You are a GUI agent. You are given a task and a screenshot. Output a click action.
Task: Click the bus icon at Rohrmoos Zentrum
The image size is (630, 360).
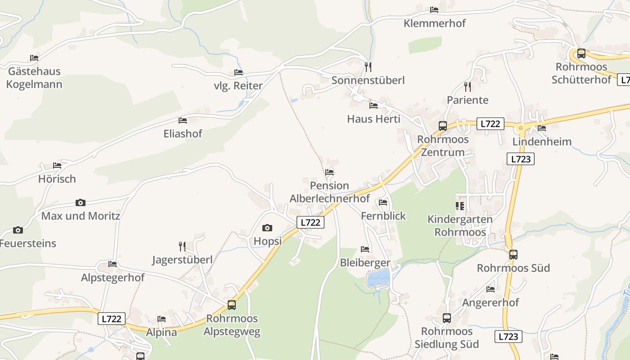[x=443, y=126]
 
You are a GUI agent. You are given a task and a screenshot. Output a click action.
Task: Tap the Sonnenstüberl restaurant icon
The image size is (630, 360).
[x=368, y=67]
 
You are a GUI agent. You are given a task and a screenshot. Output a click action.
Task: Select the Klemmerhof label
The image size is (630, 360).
[x=434, y=23]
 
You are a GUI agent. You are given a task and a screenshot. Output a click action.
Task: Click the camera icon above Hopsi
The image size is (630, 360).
[x=267, y=228]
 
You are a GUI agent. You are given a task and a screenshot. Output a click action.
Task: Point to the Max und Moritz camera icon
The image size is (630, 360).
[x=81, y=203]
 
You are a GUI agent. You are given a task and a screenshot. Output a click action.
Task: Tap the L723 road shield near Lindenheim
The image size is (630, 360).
[x=520, y=159]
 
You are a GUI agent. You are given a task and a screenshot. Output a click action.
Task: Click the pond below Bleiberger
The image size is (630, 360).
[x=378, y=278]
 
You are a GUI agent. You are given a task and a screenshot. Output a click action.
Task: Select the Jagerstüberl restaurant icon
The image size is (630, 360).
[x=182, y=246]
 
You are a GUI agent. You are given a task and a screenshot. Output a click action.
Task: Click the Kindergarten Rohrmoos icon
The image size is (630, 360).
[x=459, y=206]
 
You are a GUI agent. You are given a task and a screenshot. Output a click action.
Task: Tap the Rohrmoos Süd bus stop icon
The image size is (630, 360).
[x=513, y=255]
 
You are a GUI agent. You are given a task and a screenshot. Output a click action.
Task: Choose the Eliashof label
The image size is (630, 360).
[x=183, y=134]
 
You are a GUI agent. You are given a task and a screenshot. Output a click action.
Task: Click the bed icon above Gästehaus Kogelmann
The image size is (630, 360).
[x=34, y=58]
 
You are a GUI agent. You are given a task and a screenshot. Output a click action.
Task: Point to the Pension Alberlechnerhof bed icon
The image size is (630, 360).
[x=329, y=172]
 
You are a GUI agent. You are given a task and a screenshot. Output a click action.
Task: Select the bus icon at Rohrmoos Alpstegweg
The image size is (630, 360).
[x=232, y=305]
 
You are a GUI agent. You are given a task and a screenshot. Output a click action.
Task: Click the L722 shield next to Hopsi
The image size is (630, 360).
[x=310, y=222]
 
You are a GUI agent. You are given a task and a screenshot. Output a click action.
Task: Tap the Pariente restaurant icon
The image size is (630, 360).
[x=468, y=86]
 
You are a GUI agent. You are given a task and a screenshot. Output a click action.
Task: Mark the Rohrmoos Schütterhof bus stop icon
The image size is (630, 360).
[x=581, y=54]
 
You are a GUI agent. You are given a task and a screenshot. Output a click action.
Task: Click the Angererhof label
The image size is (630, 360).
[x=490, y=302]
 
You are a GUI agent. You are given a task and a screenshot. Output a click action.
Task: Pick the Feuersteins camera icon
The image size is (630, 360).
[x=18, y=230]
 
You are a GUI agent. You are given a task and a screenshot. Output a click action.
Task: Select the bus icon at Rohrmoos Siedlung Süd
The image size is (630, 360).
[x=447, y=318]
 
